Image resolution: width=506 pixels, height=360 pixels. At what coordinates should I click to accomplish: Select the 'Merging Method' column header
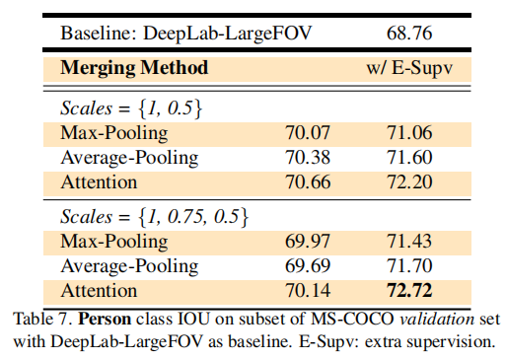[x=134, y=68]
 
